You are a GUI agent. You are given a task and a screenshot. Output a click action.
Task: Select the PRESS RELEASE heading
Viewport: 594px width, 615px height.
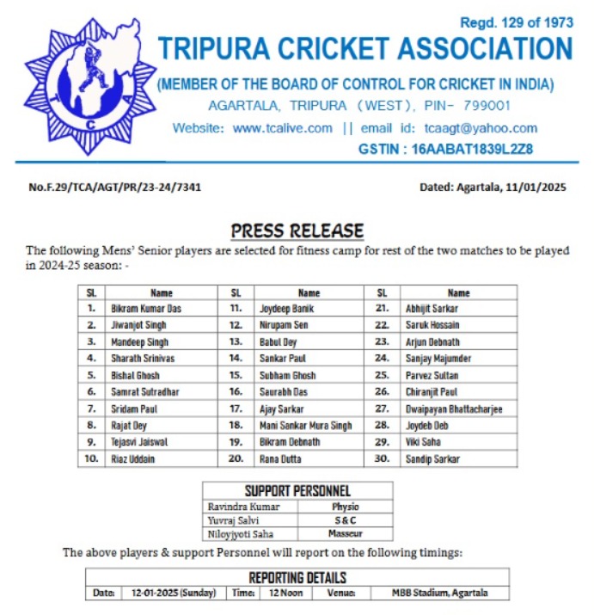297,231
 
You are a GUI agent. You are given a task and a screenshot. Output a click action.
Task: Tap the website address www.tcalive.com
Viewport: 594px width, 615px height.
283,128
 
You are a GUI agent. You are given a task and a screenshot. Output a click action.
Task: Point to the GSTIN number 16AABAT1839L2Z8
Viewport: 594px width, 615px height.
472,149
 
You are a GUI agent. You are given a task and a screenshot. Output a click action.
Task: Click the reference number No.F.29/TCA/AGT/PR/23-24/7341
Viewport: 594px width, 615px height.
115,187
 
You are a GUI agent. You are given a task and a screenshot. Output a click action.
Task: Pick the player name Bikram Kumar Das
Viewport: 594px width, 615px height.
146,309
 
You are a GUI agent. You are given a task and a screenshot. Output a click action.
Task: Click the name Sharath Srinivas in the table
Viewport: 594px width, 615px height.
144,359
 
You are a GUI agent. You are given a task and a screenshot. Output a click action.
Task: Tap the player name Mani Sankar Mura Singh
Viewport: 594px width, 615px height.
305,425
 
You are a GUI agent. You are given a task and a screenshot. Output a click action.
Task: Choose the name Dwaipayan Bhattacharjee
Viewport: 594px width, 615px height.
454,409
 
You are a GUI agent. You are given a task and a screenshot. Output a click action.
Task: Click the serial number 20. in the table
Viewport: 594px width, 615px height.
235,458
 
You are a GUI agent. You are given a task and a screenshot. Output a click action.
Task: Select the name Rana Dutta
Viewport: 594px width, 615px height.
279,458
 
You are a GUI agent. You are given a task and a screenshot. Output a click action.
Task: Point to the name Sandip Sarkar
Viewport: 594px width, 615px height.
434,458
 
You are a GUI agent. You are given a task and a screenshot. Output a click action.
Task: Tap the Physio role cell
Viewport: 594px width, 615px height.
346,507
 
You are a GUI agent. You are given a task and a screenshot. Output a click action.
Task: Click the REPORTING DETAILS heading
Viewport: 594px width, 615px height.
297,577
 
